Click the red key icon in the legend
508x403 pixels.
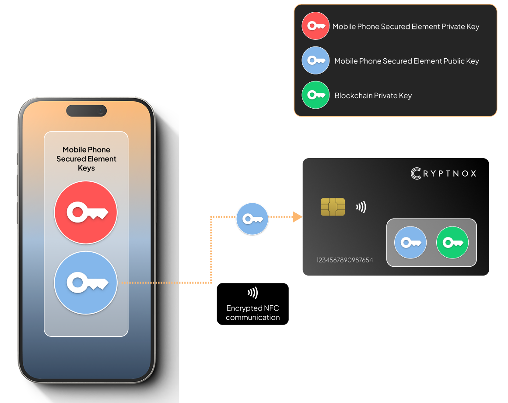(315, 26)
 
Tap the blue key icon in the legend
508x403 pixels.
(315, 60)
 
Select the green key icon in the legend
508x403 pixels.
(315, 95)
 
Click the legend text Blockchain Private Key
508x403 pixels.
(373, 95)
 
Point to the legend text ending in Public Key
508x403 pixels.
(406, 61)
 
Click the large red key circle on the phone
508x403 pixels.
(86, 212)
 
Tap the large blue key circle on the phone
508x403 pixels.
(86, 283)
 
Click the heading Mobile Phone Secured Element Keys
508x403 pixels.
(86, 159)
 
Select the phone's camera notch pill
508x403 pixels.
(86, 110)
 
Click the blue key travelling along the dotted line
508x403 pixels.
(252, 219)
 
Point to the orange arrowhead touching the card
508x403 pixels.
(298, 217)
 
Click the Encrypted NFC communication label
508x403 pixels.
(253, 313)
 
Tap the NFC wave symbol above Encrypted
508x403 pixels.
(252, 293)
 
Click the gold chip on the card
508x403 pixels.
(333, 207)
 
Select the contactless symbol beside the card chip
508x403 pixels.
(361, 207)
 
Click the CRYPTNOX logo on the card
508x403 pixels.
(443, 173)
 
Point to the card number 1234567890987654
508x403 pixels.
(345, 260)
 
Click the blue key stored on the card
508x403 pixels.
(410, 242)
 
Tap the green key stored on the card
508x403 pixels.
(452, 242)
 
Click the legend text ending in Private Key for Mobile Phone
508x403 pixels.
(406, 27)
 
